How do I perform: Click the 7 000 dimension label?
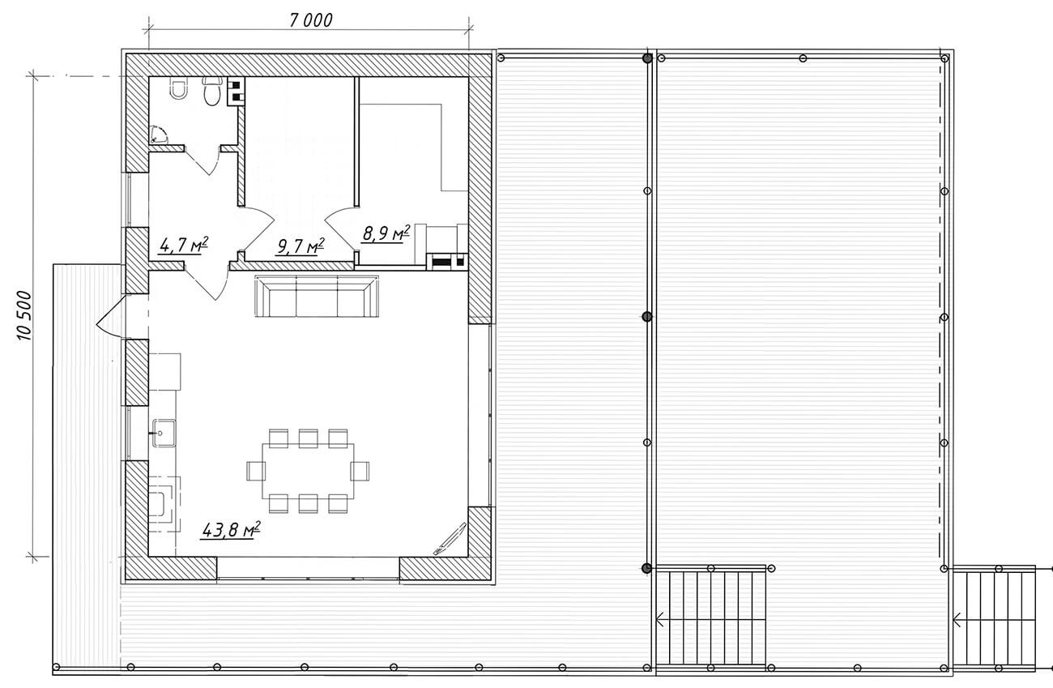[x=311, y=20]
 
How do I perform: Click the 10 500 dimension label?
[x=23, y=315]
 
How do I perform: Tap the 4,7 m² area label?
[x=183, y=245]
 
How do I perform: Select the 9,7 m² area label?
[x=300, y=246]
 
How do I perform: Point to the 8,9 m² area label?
[x=386, y=233]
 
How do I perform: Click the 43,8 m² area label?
[x=230, y=530]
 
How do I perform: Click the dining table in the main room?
[x=308, y=471]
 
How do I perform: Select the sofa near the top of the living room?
[x=317, y=297]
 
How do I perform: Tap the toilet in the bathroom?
[x=212, y=91]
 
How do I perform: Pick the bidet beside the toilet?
[x=178, y=88]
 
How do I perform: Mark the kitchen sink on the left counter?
[x=163, y=433]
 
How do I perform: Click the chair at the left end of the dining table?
[x=256, y=471]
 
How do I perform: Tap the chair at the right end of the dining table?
[x=360, y=471]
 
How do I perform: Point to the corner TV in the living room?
[x=450, y=539]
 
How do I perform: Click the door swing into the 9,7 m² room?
[x=258, y=229]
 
